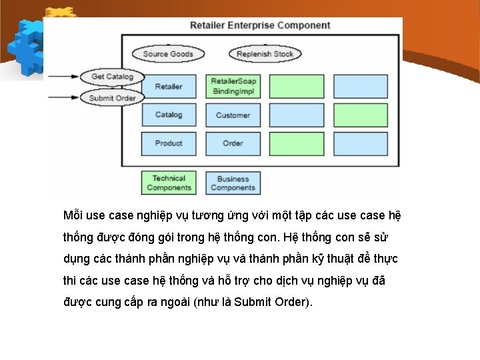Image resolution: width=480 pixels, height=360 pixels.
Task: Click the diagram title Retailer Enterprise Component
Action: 260,25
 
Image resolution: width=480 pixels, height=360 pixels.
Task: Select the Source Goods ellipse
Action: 168,54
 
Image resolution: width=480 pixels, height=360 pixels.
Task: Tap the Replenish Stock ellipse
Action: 265,54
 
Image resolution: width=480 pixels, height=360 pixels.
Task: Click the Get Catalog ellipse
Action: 112,76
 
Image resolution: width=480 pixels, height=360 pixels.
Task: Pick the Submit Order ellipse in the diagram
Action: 112,98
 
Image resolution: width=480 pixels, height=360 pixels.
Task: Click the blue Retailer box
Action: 169,87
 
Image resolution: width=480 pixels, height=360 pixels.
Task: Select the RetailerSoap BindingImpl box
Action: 233,87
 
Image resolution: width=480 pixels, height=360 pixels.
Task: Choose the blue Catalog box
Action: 169,115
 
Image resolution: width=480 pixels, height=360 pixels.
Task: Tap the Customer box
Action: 233,115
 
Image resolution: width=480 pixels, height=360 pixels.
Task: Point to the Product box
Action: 169,143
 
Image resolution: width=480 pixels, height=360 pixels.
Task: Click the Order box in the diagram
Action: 233,143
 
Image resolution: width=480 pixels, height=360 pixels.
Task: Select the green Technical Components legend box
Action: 169,183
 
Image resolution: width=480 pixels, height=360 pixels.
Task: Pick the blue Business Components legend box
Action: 233,183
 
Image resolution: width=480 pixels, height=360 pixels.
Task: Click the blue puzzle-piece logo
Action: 27,43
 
